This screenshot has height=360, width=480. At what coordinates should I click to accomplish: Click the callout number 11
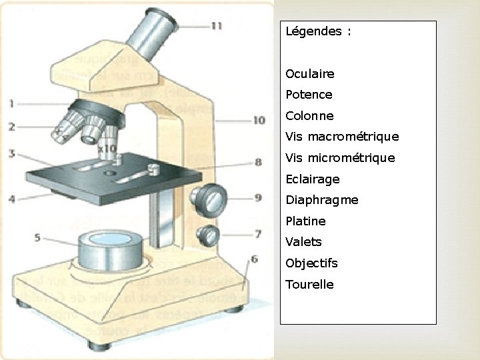(217, 26)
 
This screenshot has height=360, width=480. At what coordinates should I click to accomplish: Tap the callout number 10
(259, 120)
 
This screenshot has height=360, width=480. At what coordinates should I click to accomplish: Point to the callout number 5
(37, 237)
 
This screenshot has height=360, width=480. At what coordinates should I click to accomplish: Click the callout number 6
(254, 259)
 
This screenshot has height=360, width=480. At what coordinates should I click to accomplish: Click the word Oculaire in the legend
(309, 73)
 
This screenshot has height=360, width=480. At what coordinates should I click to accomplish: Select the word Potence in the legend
(309, 95)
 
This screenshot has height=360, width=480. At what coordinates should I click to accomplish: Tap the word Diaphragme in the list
(321, 200)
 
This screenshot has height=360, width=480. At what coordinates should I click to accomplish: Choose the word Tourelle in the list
(309, 284)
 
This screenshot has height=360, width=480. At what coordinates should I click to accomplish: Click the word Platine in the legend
(305, 221)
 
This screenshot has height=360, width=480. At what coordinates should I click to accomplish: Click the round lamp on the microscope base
(110, 249)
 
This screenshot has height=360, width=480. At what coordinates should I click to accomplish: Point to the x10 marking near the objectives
(107, 148)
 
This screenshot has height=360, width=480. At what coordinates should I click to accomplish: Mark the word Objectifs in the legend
(311, 263)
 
